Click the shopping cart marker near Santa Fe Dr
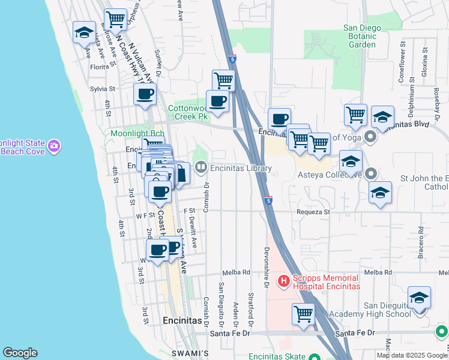304,313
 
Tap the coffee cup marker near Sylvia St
144,94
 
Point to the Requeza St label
313,212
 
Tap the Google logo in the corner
20,353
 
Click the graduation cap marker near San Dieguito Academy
419,297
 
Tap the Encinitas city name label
182,320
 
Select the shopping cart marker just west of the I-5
224,79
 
